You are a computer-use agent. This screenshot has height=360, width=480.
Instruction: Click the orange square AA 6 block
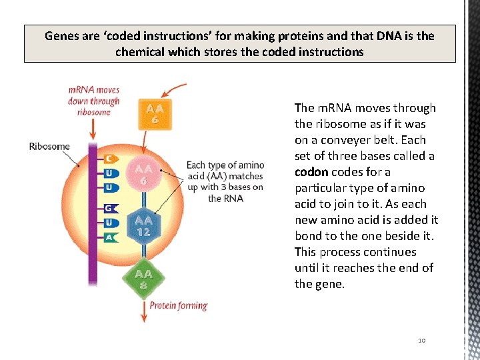[x=154, y=114]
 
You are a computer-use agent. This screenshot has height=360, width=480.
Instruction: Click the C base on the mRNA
[x=109, y=159]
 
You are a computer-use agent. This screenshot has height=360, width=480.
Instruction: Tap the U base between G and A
[x=109, y=223]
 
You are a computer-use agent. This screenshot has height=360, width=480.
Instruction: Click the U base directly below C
[x=109, y=173]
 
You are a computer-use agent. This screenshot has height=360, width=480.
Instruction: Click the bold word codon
[x=311, y=172]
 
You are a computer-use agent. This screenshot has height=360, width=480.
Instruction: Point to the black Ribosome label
[x=49, y=146]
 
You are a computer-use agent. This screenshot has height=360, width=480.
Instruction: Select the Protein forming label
[x=179, y=306]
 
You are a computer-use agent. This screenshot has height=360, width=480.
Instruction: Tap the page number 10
[x=421, y=341]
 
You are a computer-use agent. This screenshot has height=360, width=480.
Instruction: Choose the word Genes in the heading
[x=62, y=36]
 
